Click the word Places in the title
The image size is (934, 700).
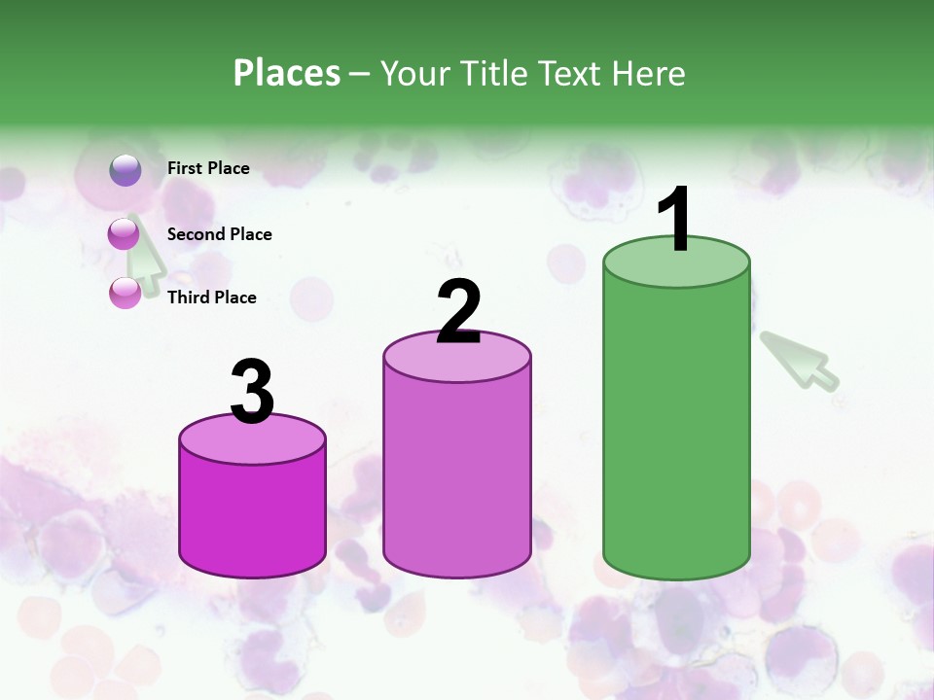(x=287, y=73)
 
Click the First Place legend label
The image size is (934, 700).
(x=208, y=168)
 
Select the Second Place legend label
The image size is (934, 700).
(x=219, y=234)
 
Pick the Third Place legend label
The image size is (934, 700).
(x=211, y=297)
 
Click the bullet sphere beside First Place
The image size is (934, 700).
(x=125, y=170)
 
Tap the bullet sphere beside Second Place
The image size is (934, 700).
(x=124, y=234)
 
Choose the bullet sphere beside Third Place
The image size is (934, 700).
(x=125, y=293)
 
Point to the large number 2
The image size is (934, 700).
(x=458, y=312)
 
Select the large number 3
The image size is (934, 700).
(x=253, y=392)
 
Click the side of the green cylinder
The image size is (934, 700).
(x=676, y=428)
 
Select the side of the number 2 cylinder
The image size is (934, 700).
(x=457, y=476)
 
